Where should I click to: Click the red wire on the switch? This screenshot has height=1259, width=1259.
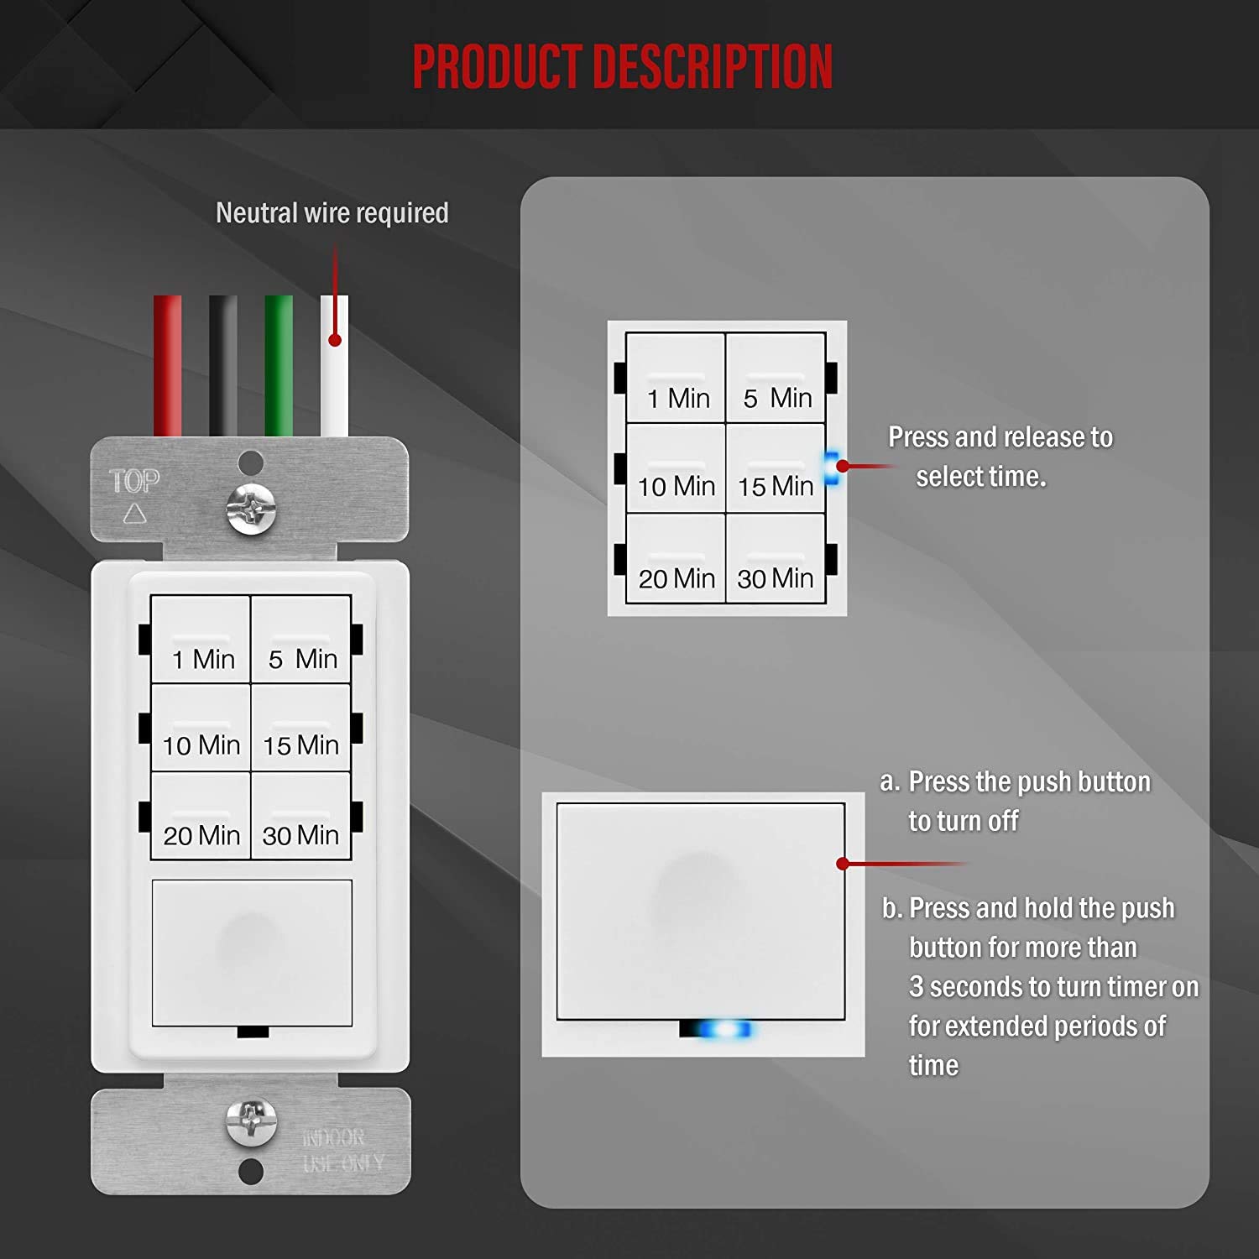[x=167, y=365]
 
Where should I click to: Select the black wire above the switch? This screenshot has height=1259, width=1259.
[x=223, y=365]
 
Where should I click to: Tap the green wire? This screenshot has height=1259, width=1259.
[x=279, y=365]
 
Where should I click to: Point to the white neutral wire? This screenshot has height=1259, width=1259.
[x=334, y=378]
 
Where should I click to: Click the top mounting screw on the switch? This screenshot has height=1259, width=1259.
[x=251, y=508]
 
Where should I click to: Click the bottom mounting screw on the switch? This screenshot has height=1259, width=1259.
[x=251, y=1121]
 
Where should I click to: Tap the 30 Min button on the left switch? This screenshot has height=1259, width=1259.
[x=300, y=816]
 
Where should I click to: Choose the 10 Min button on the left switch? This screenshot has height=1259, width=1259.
[x=201, y=728]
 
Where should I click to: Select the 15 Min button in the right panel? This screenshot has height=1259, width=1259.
[x=776, y=468]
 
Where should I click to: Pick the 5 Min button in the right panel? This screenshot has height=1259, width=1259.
[x=776, y=378]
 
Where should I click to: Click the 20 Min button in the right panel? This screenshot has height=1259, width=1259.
[x=676, y=559]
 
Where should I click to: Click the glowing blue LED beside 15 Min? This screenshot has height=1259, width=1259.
[x=832, y=468]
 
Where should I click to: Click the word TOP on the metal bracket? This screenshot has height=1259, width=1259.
[x=134, y=481]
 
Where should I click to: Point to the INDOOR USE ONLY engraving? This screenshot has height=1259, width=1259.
[x=342, y=1150]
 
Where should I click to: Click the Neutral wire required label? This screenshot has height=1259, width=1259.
[x=332, y=213]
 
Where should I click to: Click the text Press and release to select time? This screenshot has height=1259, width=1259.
[x=999, y=456]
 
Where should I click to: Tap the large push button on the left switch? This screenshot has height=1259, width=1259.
[x=251, y=953]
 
